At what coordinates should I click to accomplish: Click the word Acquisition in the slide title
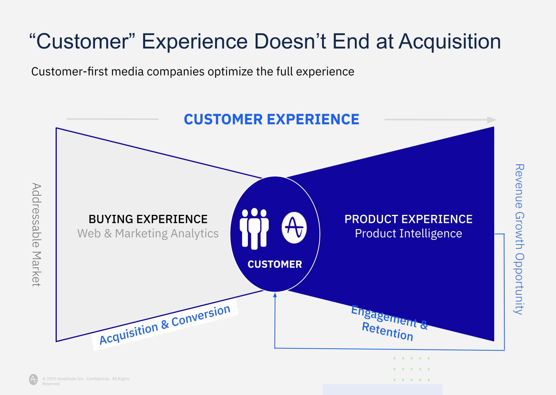point(450,42)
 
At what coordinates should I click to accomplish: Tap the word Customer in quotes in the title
point(82,42)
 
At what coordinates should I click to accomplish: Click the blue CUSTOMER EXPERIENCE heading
point(271,120)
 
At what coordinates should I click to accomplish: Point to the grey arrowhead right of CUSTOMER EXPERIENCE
point(492,120)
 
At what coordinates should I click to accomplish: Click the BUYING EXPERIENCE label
point(148,219)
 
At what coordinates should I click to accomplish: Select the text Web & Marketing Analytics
point(148,234)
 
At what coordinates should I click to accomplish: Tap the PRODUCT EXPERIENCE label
point(408,219)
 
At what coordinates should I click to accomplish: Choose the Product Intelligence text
point(408,234)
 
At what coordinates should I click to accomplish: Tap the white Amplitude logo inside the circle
point(294,228)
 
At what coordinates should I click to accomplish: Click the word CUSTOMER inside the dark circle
point(275,265)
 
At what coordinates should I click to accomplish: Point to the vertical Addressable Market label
point(36,235)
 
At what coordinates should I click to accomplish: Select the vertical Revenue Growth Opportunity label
point(519,239)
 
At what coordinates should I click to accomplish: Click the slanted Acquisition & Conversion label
point(165,324)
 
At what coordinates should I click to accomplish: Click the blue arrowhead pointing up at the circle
point(275,295)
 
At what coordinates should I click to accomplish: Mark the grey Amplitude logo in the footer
point(34,379)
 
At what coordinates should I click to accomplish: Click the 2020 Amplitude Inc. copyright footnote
point(86,381)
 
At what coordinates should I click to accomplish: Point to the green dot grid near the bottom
point(412,369)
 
